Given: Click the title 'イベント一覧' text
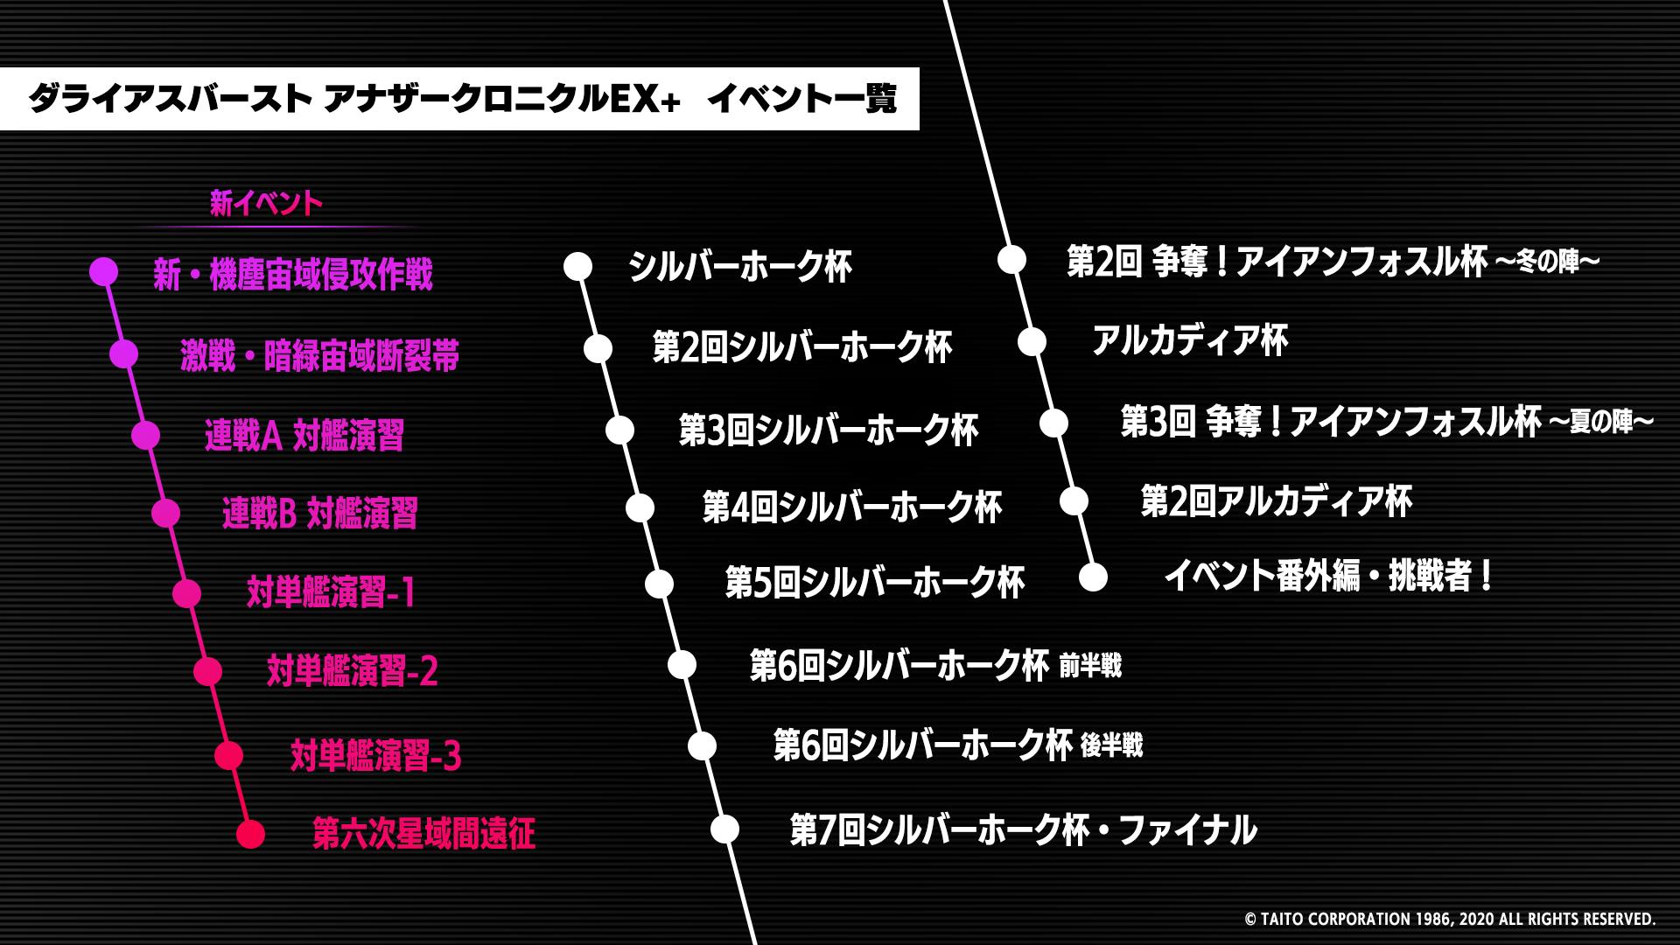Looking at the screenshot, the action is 801,100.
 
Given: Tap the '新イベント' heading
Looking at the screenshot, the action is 266,204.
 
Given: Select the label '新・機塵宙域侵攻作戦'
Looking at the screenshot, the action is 293,275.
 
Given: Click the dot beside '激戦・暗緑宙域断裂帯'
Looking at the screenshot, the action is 124,353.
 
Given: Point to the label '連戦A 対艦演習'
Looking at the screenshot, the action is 304,435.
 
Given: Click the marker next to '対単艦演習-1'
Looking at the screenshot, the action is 186,593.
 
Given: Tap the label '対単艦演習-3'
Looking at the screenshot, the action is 375,755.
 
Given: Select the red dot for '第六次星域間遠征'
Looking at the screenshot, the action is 250,834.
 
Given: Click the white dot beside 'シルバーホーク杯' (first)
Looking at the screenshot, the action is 577,267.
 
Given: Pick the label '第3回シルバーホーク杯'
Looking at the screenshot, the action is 829,430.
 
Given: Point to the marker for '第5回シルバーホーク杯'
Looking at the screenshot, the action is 659,583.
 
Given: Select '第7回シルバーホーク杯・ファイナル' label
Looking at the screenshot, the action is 1023,829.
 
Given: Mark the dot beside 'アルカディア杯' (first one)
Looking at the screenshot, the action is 1032,341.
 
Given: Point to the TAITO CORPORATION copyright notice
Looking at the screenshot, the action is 1450,920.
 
